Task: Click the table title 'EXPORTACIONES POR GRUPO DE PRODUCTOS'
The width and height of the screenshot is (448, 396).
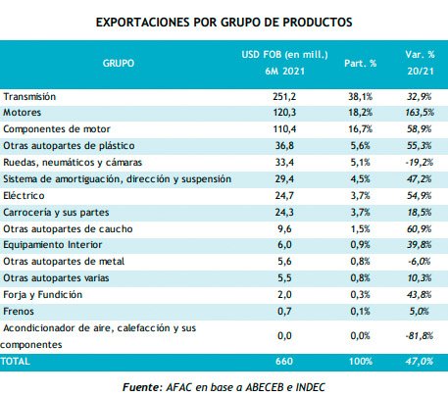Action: coord(224,20)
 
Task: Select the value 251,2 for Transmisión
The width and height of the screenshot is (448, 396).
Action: coord(282,97)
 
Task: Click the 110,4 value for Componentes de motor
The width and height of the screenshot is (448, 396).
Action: coord(282,130)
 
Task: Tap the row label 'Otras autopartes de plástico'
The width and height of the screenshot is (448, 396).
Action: coord(66,147)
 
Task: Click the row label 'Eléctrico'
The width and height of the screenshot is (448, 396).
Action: coord(25,196)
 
